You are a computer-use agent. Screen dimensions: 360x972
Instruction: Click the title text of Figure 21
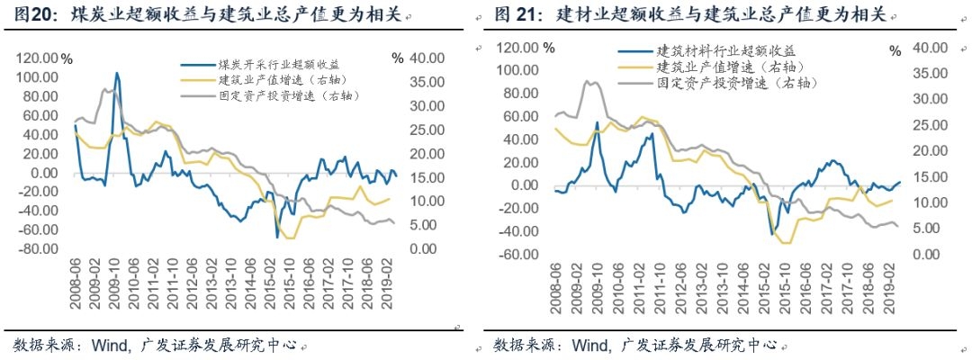pyautogui.click(x=693, y=15)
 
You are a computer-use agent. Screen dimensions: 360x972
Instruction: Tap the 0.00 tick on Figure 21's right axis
pyautogui.click(x=929, y=254)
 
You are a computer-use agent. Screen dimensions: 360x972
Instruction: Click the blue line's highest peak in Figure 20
pyautogui.click(x=117, y=73)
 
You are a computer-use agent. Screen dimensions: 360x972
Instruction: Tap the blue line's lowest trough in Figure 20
pyautogui.click(x=277, y=237)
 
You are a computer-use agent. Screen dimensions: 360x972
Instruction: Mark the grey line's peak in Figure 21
pyautogui.click(x=587, y=82)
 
